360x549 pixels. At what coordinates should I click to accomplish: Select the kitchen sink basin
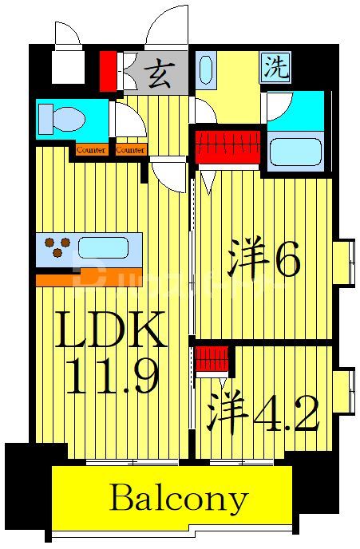101,247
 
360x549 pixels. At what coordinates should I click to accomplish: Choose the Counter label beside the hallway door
129,150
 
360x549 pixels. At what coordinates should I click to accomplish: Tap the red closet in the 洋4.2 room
212,358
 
